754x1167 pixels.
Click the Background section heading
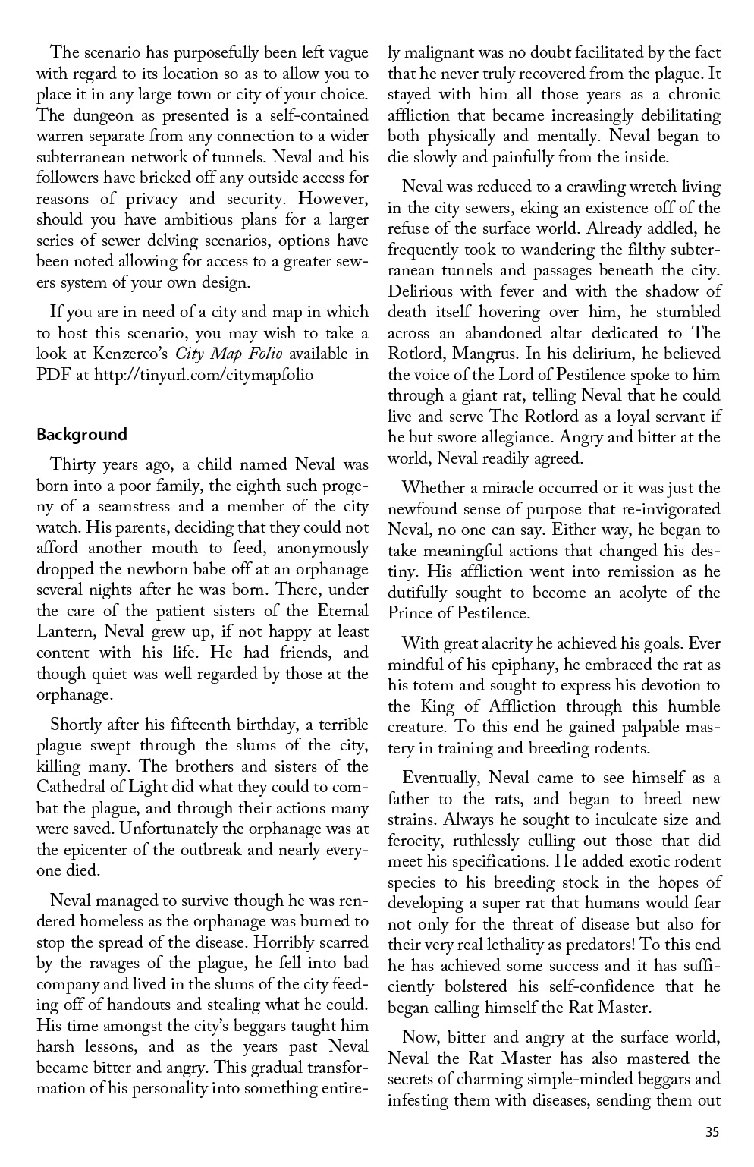(x=82, y=435)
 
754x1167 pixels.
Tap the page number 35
(x=712, y=1133)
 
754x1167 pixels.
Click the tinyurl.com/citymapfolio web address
(x=203, y=375)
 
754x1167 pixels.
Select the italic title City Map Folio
(x=228, y=354)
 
